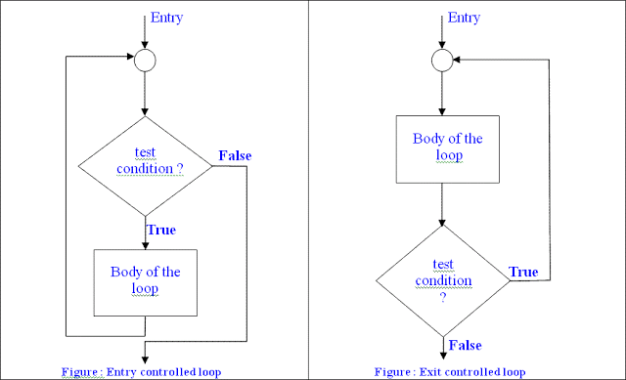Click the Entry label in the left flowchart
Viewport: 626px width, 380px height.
166,18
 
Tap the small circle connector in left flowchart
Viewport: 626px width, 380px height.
144,61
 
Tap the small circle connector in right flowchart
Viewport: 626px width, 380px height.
443,61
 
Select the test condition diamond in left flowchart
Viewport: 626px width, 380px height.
144,167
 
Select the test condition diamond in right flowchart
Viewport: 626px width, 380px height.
443,279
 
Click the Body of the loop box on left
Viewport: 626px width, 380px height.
145,281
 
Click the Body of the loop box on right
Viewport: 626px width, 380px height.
443,148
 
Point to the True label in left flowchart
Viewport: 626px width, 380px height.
162,230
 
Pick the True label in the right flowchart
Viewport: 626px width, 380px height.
524,271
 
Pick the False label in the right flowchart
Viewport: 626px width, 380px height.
465,344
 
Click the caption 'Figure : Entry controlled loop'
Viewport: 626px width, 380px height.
140,371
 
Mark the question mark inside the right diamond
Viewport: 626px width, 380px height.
443,297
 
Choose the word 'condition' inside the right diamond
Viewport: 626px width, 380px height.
443,281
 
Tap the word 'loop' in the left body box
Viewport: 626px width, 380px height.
145,289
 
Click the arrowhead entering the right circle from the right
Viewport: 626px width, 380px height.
458,61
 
